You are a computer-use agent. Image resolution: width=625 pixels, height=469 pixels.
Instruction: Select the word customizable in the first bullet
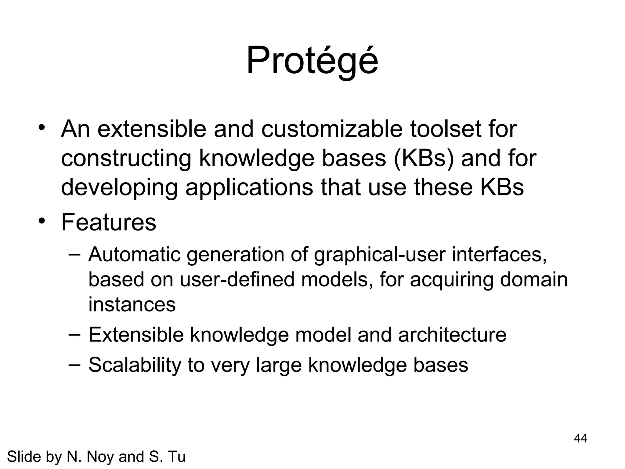[332, 129]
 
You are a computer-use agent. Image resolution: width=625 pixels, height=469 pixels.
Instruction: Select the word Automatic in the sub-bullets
[134, 254]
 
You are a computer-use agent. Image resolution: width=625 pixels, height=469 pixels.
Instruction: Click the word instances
[132, 304]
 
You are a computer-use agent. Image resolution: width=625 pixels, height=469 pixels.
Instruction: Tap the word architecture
[452, 335]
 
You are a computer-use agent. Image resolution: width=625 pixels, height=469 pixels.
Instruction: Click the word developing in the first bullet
[119, 188]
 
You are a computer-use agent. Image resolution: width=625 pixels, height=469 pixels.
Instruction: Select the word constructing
[126, 159]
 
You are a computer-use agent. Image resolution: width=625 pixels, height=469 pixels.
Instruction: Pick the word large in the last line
[279, 365]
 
